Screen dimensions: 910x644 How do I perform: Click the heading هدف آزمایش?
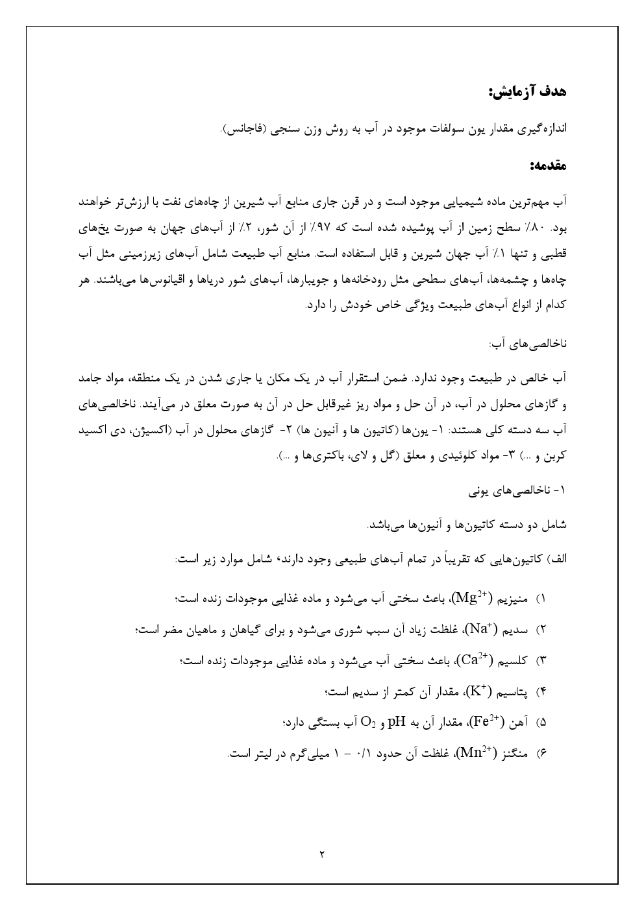(527, 91)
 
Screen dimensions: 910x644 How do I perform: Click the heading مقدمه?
(548, 166)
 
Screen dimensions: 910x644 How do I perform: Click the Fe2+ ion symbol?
(485, 722)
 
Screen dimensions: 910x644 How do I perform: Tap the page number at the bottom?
(322, 854)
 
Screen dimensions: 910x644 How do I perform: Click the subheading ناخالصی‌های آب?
(528, 342)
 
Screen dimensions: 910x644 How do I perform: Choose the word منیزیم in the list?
(514, 597)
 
